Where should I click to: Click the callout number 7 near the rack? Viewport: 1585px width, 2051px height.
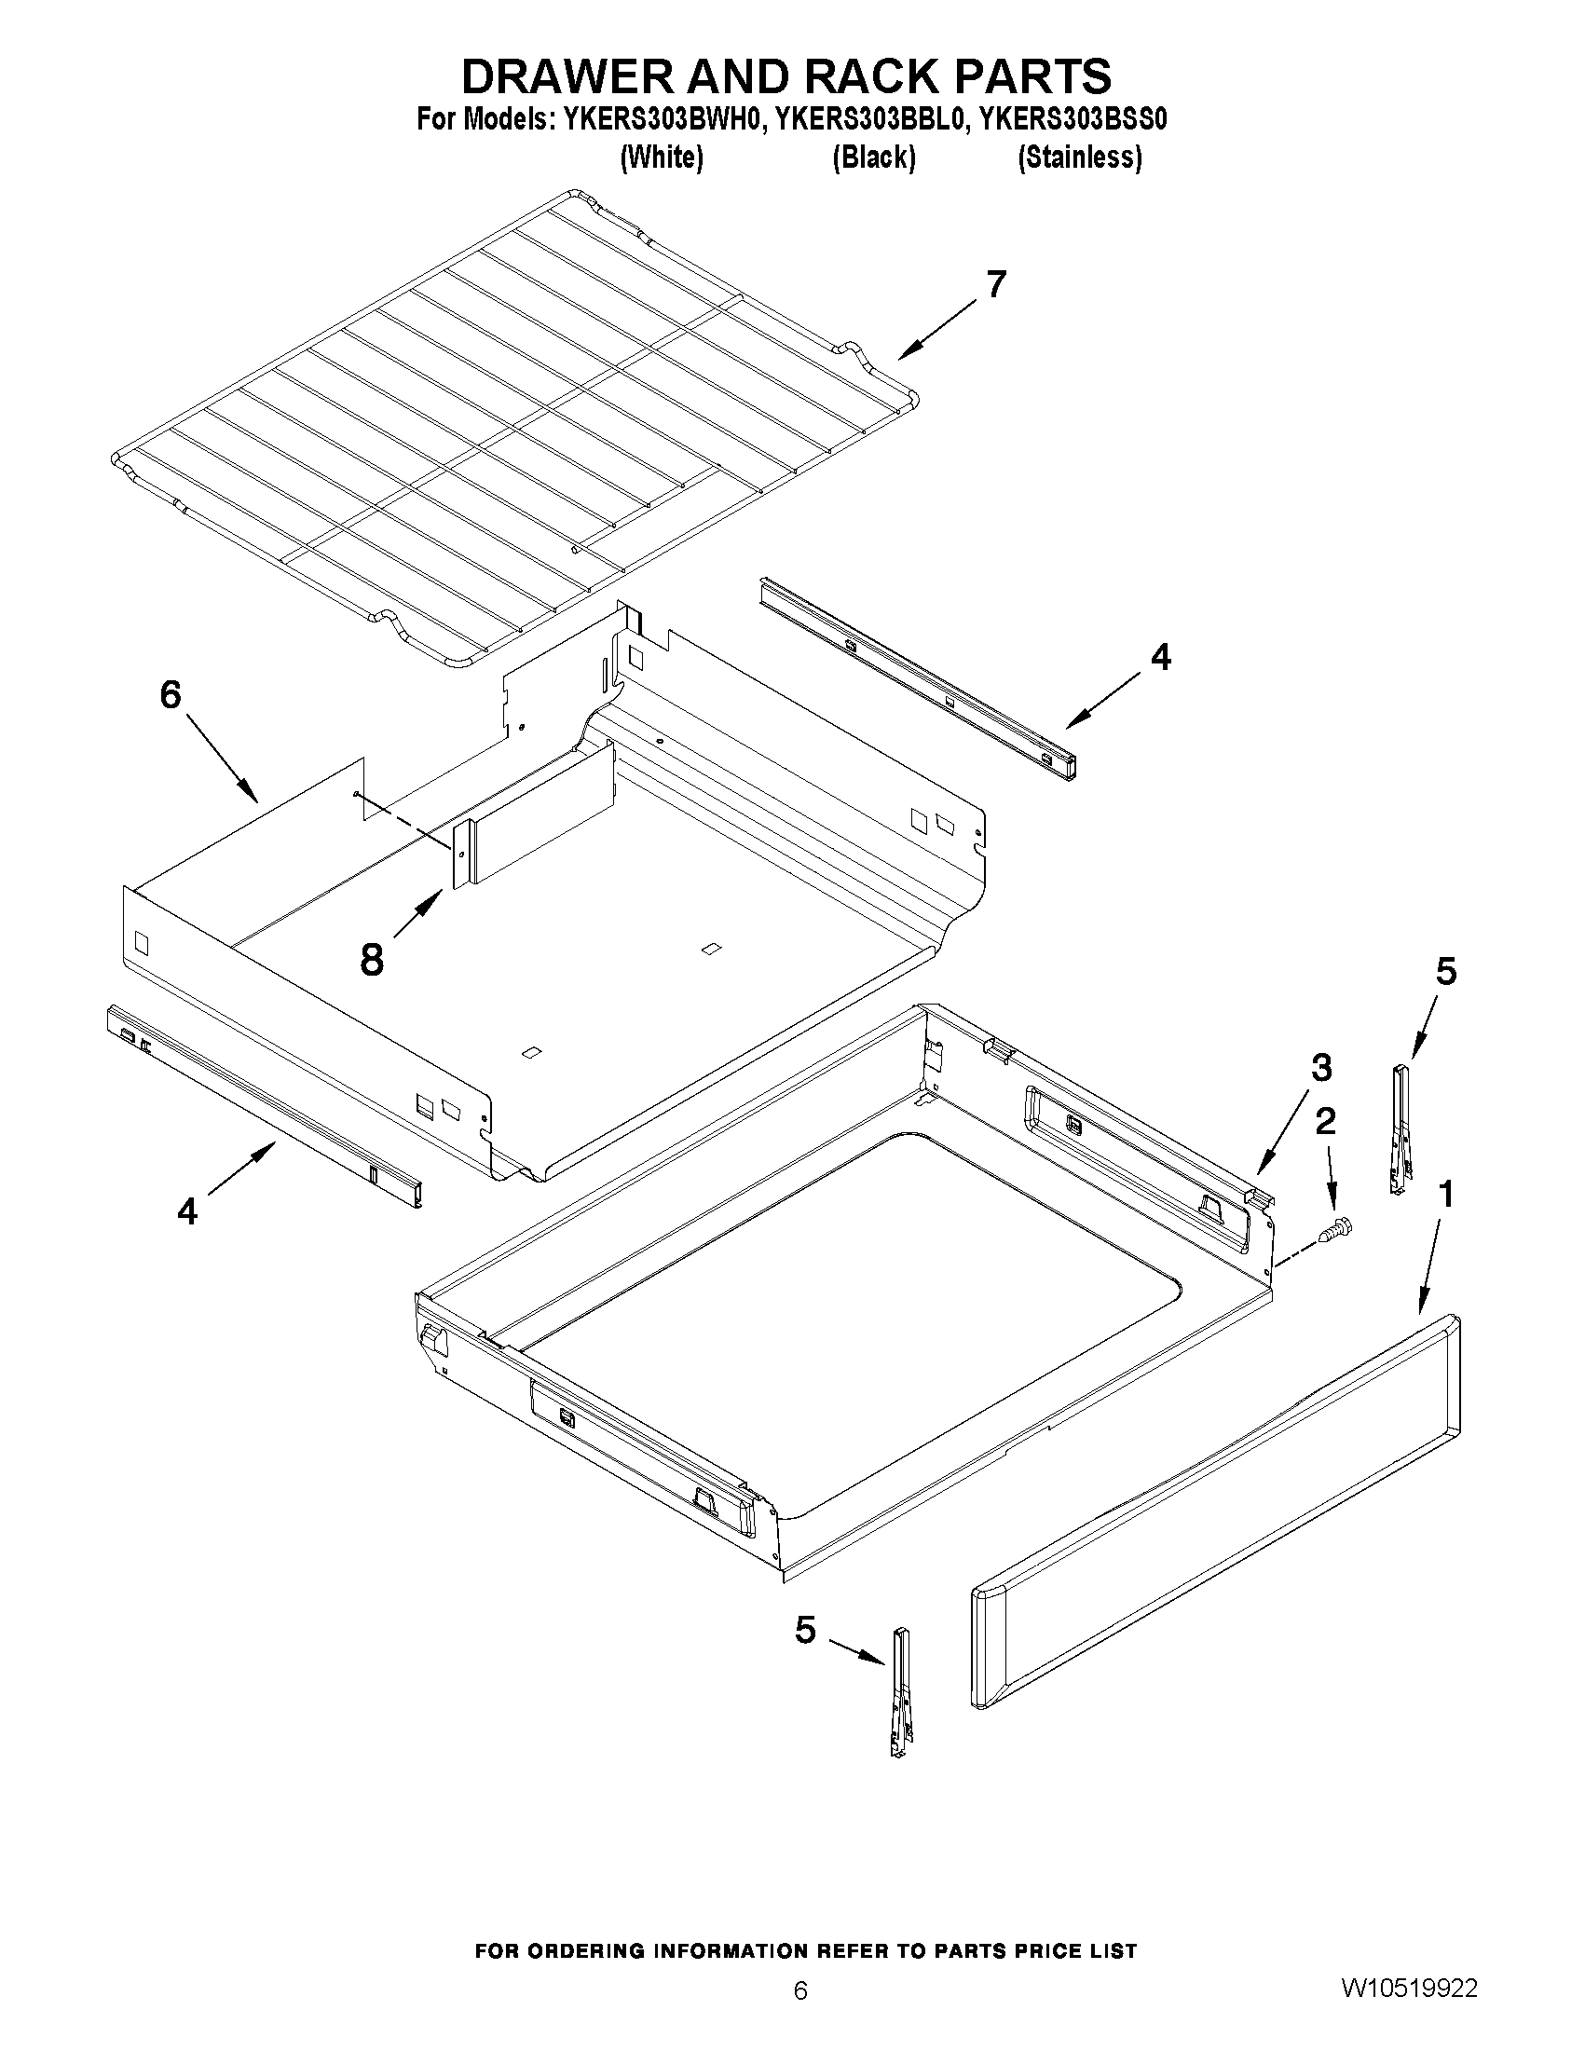coord(995,283)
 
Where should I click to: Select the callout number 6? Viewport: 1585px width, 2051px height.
coord(170,695)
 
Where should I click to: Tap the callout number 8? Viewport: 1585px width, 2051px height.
coord(372,960)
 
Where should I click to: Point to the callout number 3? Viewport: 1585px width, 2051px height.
coord(1320,1068)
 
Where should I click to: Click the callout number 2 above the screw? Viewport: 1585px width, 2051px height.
coord(1325,1120)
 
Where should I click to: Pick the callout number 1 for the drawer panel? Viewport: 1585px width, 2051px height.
coord(1445,1195)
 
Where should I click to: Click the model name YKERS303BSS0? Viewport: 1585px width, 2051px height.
coord(1073,120)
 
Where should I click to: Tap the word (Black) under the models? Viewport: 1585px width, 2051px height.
coord(873,157)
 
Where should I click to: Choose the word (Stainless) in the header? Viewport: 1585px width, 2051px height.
coord(1080,157)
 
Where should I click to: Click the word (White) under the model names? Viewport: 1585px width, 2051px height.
coord(662,157)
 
